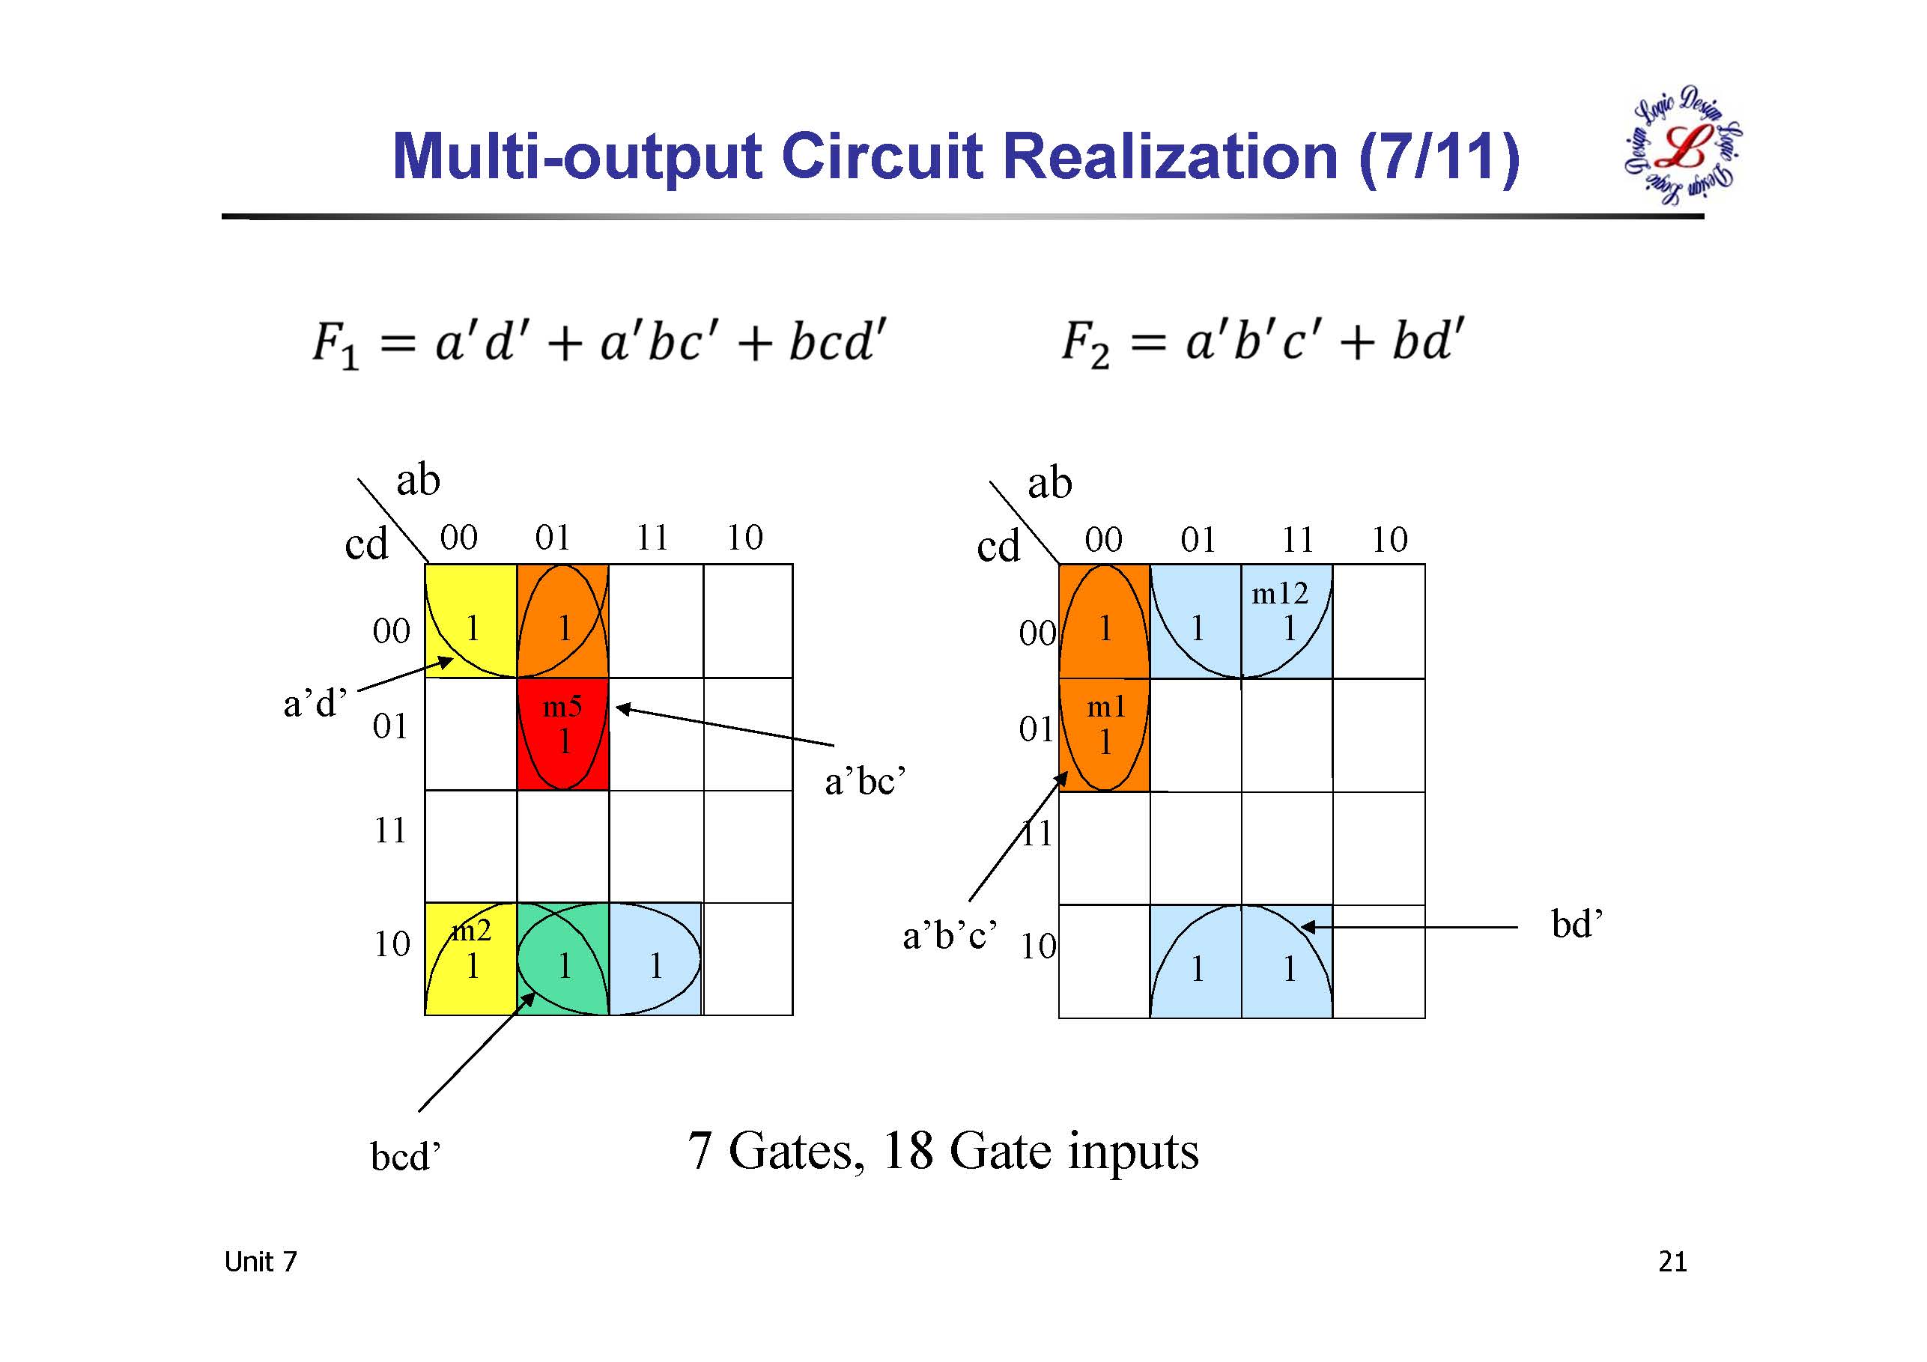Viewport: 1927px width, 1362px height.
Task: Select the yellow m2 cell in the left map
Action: pyautogui.click(x=470, y=959)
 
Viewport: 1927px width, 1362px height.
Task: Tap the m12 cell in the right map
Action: pyautogui.click(x=1286, y=621)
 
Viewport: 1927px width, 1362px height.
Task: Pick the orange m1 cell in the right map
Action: pyautogui.click(x=1104, y=735)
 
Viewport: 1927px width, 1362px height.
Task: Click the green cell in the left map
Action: pyautogui.click(x=562, y=959)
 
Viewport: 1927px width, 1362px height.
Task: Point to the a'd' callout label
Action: pyautogui.click(x=315, y=703)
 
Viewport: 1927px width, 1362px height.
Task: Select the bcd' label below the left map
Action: pyautogui.click(x=405, y=1156)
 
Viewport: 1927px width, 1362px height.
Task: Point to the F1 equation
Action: pyautogui.click(x=598, y=342)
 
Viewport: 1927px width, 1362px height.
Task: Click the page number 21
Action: pyautogui.click(x=1672, y=1262)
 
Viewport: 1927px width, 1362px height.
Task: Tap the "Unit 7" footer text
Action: pyautogui.click(x=260, y=1262)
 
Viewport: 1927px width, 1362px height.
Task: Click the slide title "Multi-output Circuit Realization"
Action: pyautogui.click(x=955, y=157)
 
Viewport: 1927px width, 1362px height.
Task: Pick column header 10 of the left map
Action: pyautogui.click(x=744, y=538)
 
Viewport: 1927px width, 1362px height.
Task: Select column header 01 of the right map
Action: pyautogui.click(x=1198, y=540)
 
